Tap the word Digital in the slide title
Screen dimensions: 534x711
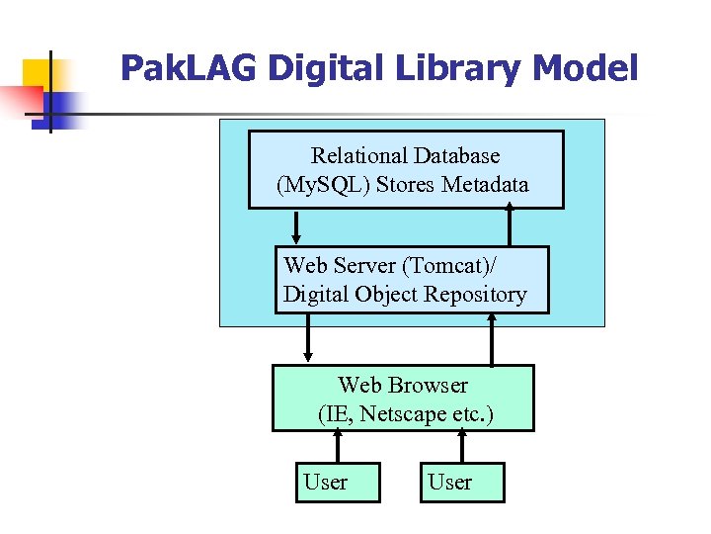pos(306,68)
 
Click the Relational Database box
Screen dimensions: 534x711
pos(405,169)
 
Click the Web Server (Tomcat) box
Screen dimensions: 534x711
pos(411,280)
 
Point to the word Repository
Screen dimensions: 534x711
pos(475,295)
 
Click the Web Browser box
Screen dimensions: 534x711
pos(403,399)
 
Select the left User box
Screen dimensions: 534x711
pos(337,483)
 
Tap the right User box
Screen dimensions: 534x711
pos(461,483)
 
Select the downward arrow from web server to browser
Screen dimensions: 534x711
pos(308,339)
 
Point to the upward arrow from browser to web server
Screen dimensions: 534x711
pos(491,339)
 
